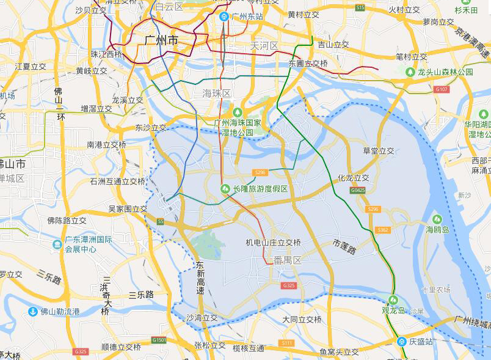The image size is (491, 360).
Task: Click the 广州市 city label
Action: pyautogui.click(x=162, y=40)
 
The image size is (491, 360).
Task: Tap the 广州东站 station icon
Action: pyautogui.click(x=224, y=16)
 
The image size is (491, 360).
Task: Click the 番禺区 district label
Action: pyautogui.click(x=288, y=260)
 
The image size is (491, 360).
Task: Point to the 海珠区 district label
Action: pyautogui.click(x=217, y=93)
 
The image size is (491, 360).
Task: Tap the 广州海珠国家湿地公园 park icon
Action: pyautogui.click(x=238, y=112)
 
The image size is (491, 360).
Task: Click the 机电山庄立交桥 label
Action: pyautogui.click(x=273, y=243)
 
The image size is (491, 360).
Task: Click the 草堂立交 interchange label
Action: pyautogui.click(x=379, y=151)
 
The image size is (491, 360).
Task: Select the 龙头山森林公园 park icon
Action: pyautogui.click(x=410, y=72)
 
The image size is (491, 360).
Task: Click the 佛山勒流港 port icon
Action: pyautogui.click(x=32, y=312)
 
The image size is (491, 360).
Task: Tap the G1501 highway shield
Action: pyautogui.click(x=159, y=339)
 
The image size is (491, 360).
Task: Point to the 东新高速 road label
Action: pyautogui.click(x=200, y=279)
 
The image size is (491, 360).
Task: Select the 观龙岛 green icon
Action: pyautogui.click(x=393, y=299)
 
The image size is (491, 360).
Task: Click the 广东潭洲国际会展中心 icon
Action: pyautogui.click(x=57, y=244)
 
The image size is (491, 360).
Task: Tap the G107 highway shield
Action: pyautogui.click(x=442, y=89)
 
